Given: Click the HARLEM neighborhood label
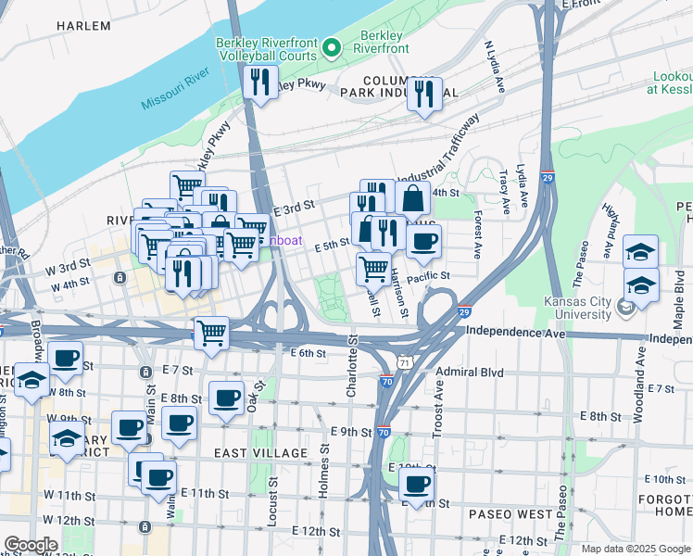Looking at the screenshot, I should (82, 26).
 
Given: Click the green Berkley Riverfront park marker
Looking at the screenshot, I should (337, 45).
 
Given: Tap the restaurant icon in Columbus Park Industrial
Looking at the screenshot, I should (424, 94).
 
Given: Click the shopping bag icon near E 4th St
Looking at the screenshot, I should (412, 197).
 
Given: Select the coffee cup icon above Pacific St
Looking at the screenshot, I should (424, 242).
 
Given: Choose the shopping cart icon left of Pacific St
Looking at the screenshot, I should (373, 269).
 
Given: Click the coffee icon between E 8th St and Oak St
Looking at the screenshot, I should (227, 398).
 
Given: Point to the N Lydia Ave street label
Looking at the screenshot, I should (494, 66).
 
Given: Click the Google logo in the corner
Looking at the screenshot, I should (31, 545).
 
